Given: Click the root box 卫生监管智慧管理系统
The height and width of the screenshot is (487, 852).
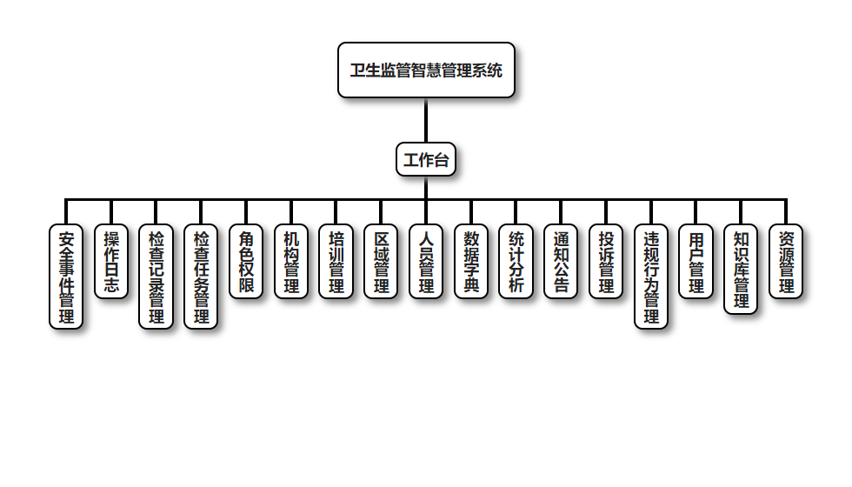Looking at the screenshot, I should (x=426, y=70).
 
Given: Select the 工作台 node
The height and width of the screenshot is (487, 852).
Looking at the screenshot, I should (x=426, y=160).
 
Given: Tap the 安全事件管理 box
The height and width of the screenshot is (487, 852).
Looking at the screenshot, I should (x=66, y=277).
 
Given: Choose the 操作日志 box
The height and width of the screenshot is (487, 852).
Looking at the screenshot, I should (x=111, y=262).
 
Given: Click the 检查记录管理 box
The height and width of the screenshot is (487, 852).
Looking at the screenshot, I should (x=156, y=277).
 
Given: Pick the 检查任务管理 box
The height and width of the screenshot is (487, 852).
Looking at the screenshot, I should (x=201, y=277).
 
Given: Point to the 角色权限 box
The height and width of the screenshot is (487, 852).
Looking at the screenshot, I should (x=246, y=262).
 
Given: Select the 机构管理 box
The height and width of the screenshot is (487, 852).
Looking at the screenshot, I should (x=291, y=262).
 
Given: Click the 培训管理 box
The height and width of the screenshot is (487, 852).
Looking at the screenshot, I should (x=336, y=262).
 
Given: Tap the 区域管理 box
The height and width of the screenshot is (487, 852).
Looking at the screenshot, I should (x=381, y=262).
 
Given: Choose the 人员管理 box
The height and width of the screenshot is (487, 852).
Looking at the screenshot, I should (x=426, y=262).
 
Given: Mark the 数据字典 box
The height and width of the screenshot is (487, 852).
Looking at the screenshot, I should (x=471, y=262).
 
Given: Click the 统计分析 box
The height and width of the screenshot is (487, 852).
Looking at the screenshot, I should (x=516, y=262).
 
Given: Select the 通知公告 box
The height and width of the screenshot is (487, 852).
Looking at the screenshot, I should (x=562, y=262).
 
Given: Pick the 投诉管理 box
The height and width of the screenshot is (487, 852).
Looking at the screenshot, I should (x=606, y=262).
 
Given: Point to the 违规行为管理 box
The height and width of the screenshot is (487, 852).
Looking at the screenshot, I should (x=651, y=277).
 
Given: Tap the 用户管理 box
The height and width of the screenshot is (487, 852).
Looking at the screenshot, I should (x=696, y=262).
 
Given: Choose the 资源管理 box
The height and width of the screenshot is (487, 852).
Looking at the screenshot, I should (x=786, y=262).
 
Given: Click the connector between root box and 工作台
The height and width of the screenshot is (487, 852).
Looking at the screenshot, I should (x=426, y=120).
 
